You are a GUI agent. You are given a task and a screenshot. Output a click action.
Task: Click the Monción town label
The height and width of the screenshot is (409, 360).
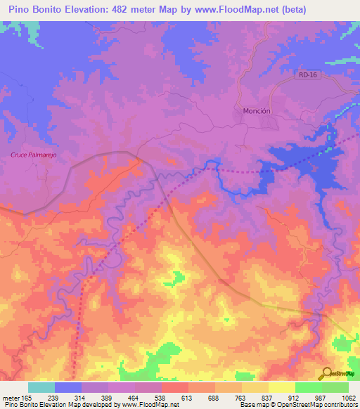coord(257,111)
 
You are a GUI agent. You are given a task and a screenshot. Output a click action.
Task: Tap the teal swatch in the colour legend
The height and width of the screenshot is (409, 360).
coord(41,387)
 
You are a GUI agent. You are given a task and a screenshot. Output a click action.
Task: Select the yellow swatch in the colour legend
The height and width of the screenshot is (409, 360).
coord(282,387)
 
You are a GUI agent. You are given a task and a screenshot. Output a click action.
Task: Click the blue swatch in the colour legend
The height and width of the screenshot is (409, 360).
coord(68,387)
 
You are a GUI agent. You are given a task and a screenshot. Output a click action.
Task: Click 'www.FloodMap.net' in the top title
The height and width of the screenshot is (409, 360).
coord(263,9)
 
